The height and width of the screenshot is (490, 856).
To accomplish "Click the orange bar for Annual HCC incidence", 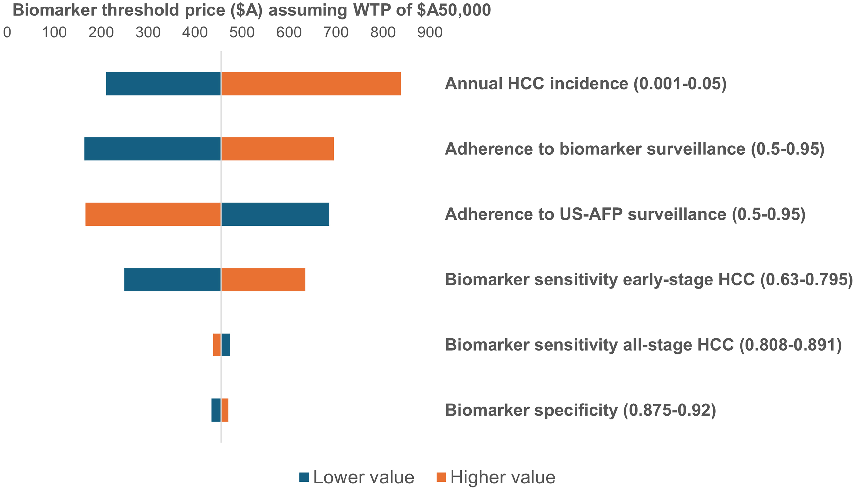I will (311, 84).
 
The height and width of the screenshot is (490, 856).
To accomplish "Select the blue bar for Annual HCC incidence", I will (163, 84).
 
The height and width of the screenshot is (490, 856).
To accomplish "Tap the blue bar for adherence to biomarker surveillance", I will (152, 149).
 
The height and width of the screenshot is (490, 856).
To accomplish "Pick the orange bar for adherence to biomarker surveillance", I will (277, 149).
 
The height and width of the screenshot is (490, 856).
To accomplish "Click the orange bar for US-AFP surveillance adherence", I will (153, 214).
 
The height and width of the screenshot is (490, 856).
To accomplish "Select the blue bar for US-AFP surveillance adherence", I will (275, 214).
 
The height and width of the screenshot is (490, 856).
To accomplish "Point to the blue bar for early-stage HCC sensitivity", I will (172, 279).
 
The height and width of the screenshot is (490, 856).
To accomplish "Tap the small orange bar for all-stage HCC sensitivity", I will (217, 345).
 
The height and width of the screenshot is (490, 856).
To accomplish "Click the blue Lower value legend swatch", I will (304, 477).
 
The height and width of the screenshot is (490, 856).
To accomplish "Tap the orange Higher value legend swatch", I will (441, 477).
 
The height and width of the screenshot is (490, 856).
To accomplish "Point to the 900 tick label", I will (430, 33).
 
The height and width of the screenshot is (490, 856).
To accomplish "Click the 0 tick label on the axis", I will (7, 33).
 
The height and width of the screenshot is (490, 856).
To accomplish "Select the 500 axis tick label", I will (242, 33).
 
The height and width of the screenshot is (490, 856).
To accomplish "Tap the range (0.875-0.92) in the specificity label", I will (669, 410).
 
